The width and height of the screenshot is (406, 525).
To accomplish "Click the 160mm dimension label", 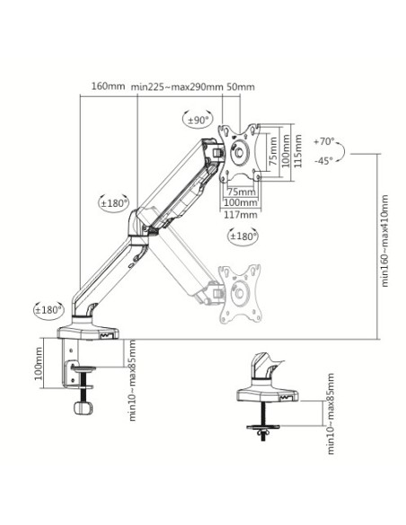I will (x=109, y=86).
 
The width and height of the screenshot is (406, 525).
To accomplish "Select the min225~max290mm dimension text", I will (x=176, y=86).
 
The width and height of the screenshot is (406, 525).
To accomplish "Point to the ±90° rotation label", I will (x=198, y=120).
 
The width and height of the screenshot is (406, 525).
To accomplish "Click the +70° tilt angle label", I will (x=324, y=141).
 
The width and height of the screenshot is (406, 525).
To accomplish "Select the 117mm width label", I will (x=241, y=214).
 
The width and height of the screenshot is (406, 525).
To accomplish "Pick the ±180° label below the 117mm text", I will (x=244, y=236).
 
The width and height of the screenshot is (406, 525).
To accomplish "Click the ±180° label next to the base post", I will (x=48, y=310).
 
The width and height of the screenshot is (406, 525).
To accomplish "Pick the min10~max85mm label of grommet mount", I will (x=330, y=414).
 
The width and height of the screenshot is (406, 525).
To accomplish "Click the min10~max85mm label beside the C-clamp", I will (x=131, y=380).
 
